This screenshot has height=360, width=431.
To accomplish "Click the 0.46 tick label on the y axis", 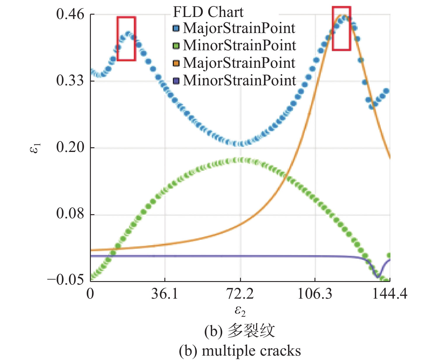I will click(x=70, y=14).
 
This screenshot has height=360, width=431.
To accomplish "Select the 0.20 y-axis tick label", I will click(x=70, y=147).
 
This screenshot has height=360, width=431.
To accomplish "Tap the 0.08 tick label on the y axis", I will click(x=70, y=214).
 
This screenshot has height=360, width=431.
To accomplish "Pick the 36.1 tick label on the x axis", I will click(x=165, y=294).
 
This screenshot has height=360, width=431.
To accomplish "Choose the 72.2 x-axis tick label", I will click(x=240, y=294).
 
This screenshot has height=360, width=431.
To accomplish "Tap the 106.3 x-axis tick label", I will click(x=315, y=294).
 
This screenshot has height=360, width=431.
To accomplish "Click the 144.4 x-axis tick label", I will click(x=390, y=294).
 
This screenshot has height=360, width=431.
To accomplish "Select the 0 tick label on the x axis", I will click(x=90, y=294).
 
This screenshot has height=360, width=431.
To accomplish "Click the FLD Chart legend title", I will click(x=208, y=12).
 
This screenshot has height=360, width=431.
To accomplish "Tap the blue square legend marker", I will click(x=176, y=29).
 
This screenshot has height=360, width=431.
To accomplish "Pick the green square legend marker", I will click(x=176, y=46).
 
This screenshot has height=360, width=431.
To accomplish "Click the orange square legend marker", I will click(x=176, y=63).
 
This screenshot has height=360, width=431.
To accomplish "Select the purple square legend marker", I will click(x=176, y=80).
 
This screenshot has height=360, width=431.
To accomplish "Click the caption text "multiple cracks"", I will click(x=251, y=351).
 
